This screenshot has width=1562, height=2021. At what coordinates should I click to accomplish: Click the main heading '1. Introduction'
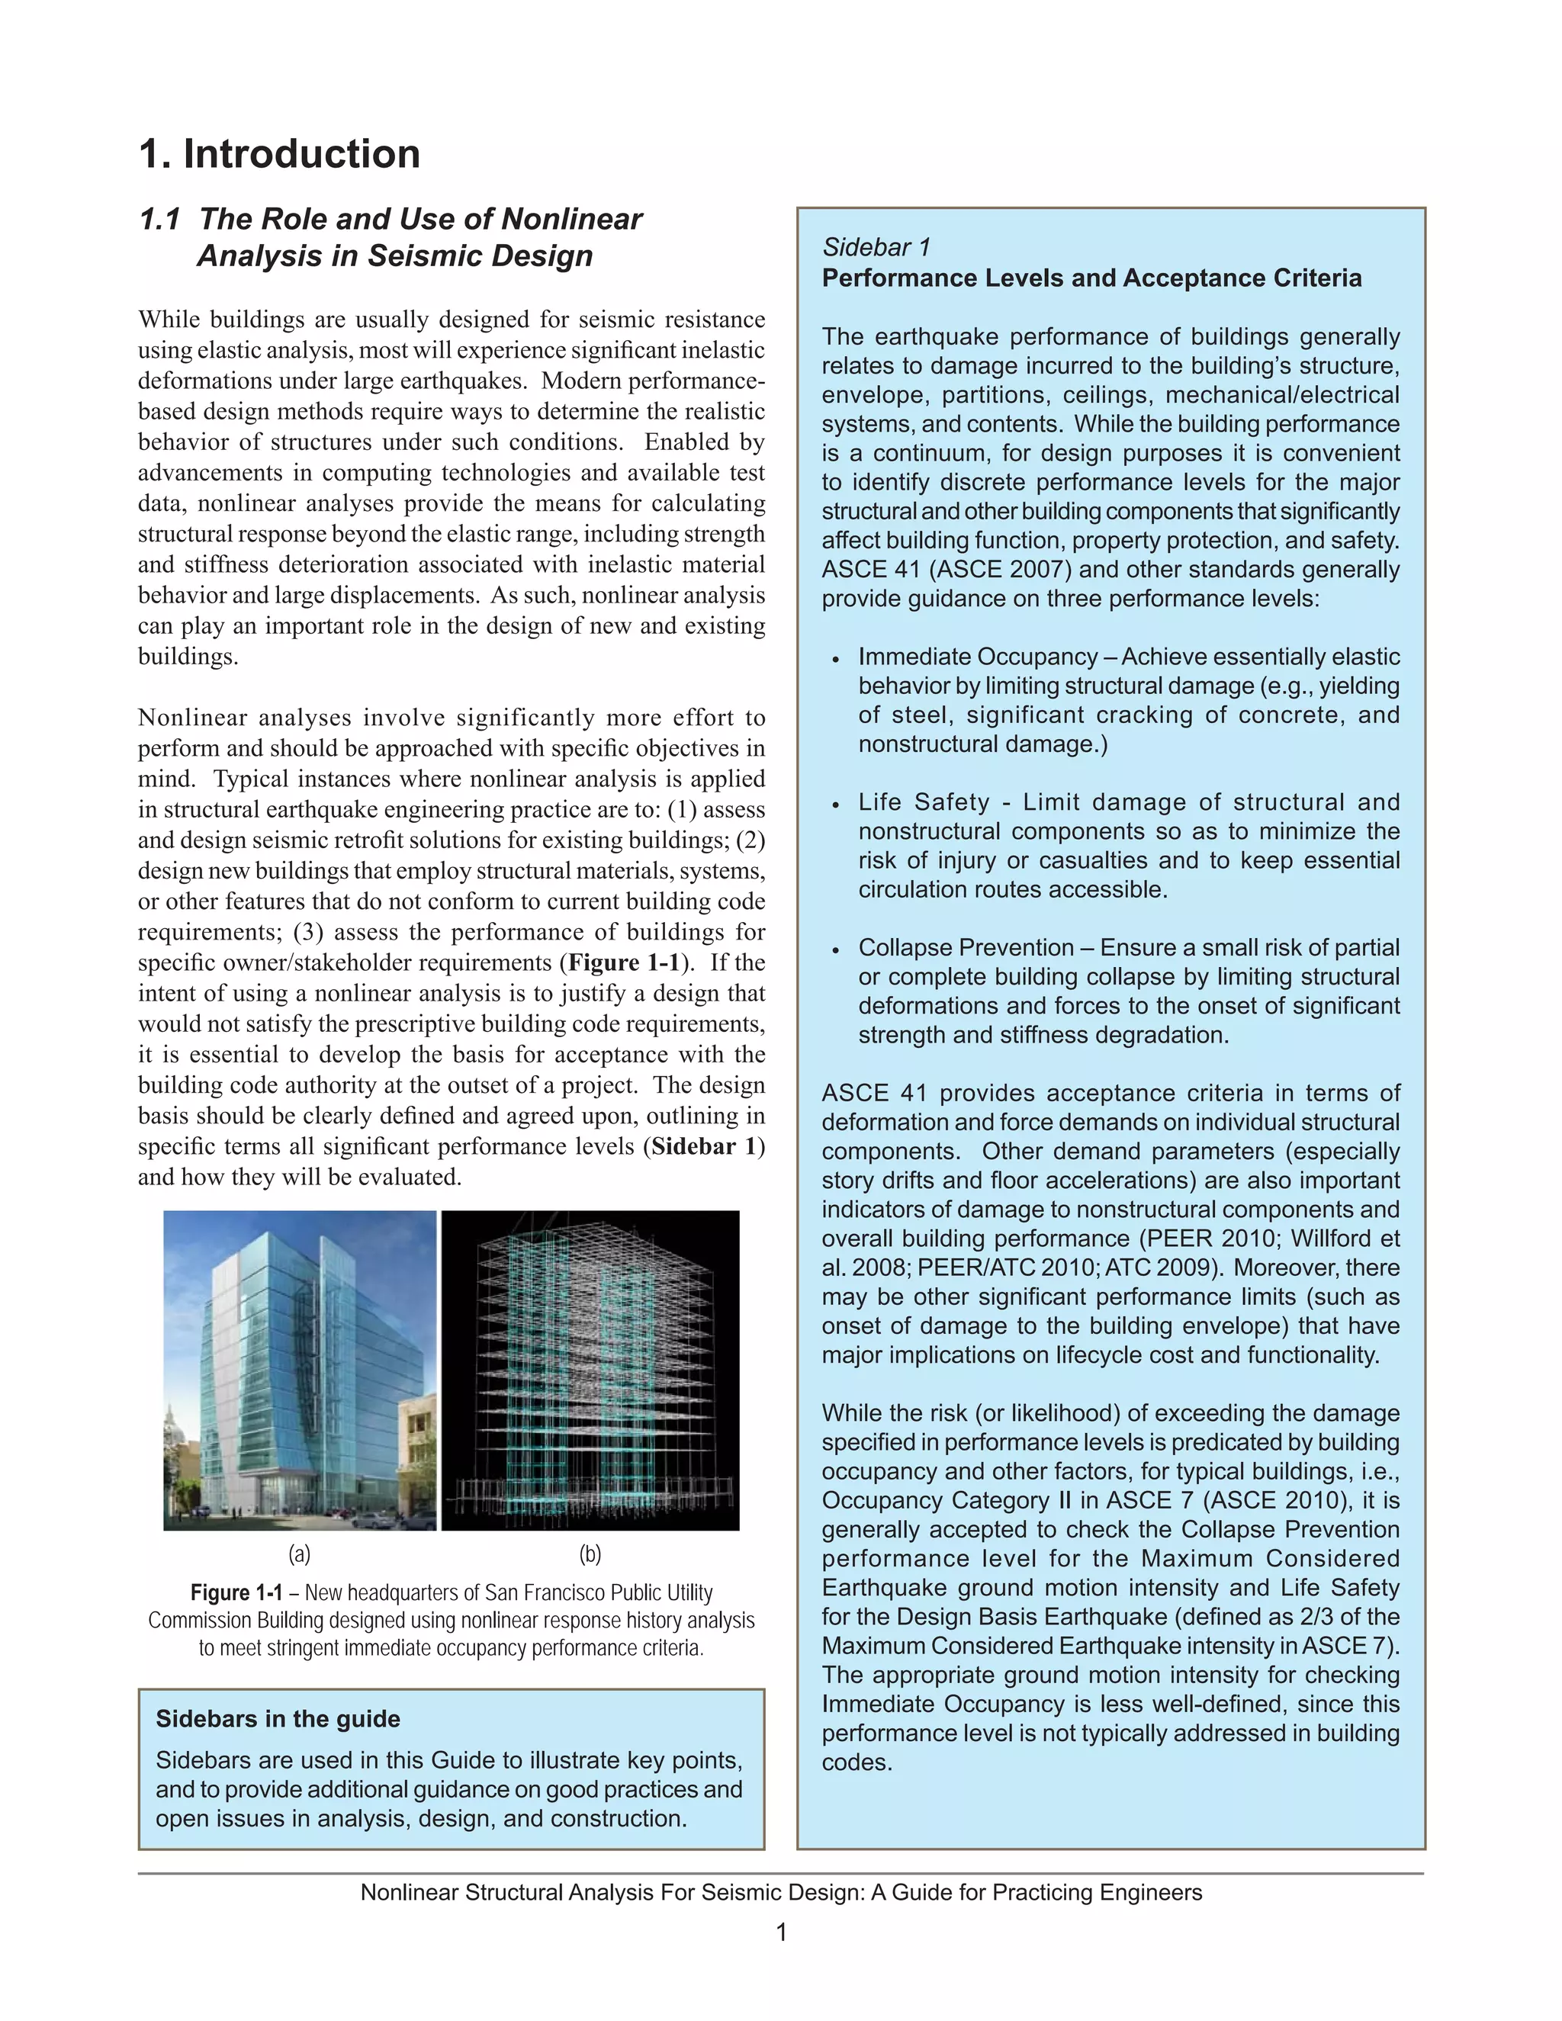coord(279,153)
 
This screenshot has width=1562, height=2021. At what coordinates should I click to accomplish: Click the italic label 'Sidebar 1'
coord(876,247)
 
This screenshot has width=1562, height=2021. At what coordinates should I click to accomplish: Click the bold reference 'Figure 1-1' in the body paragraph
coord(625,962)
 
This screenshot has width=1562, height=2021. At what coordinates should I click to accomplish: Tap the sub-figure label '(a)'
coord(299,1554)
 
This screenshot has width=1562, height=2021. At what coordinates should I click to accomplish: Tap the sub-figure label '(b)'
coord(590,1554)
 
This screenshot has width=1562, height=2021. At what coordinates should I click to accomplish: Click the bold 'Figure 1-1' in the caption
coord(236,1592)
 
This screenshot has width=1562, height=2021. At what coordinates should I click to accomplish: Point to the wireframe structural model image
coord(590,1370)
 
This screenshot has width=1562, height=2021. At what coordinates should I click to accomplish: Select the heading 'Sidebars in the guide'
coord(278,1718)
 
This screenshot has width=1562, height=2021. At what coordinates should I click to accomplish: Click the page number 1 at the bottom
coord(781,1933)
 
